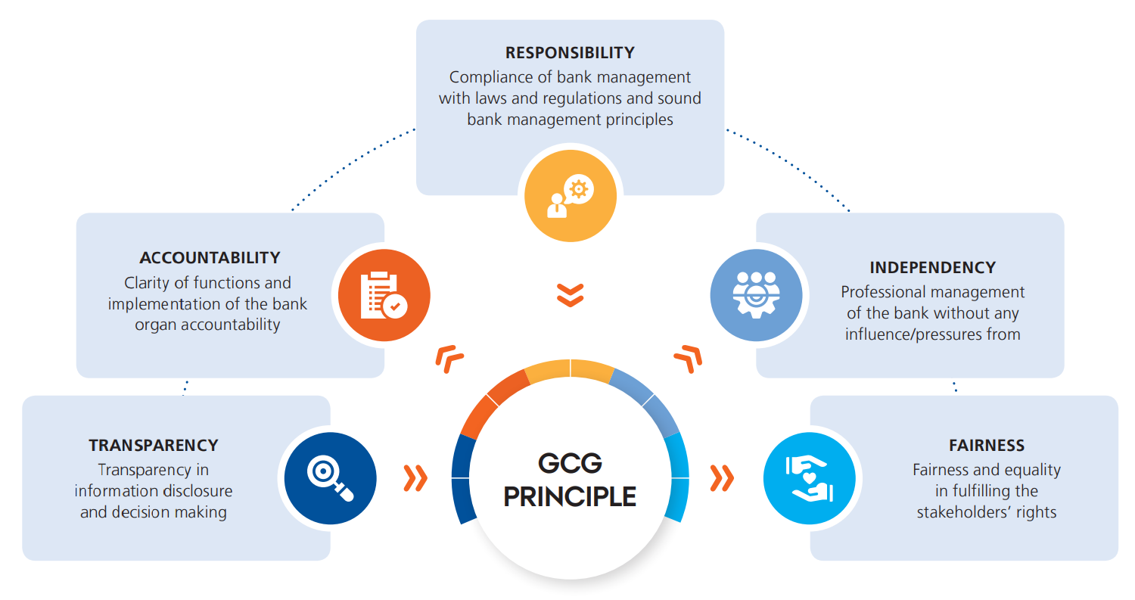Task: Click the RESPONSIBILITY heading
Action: pyautogui.click(x=570, y=53)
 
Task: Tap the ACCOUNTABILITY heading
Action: pyautogui.click(x=210, y=258)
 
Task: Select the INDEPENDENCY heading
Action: pyautogui.click(x=932, y=268)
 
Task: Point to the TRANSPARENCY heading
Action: pyautogui.click(x=154, y=446)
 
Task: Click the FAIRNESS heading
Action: pyautogui.click(x=986, y=446)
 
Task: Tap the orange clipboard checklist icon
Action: pyautogui.click(x=384, y=294)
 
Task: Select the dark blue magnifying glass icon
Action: pyautogui.click(x=330, y=478)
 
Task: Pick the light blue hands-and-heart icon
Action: pyautogui.click(x=809, y=478)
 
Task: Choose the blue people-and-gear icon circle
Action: pyautogui.click(x=756, y=294)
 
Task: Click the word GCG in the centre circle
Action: pyautogui.click(x=570, y=463)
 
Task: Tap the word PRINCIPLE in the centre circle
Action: pyautogui.click(x=570, y=497)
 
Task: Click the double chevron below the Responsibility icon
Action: pyautogui.click(x=571, y=295)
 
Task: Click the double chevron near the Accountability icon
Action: pyautogui.click(x=449, y=358)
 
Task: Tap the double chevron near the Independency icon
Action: pyautogui.click(x=688, y=358)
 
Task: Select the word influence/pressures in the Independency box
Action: pyautogui.click(x=910, y=334)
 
